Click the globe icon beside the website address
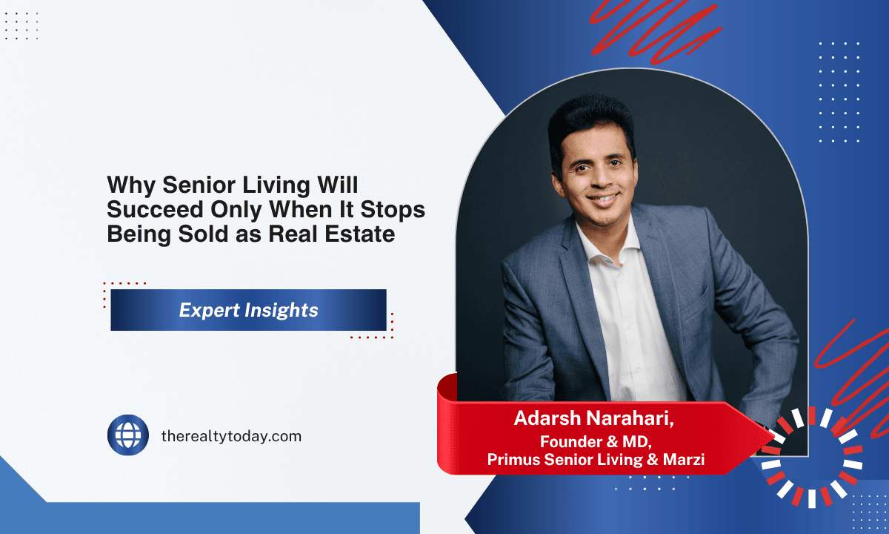pyautogui.click(x=128, y=435)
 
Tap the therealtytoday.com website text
pyautogui.click(x=231, y=436)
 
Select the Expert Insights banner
pyautogui.click(x=248, y=310)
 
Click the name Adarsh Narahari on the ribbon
pyautogui.click(x=594, y=418)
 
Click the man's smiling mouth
pyautogui.click(x=602, y=200)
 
